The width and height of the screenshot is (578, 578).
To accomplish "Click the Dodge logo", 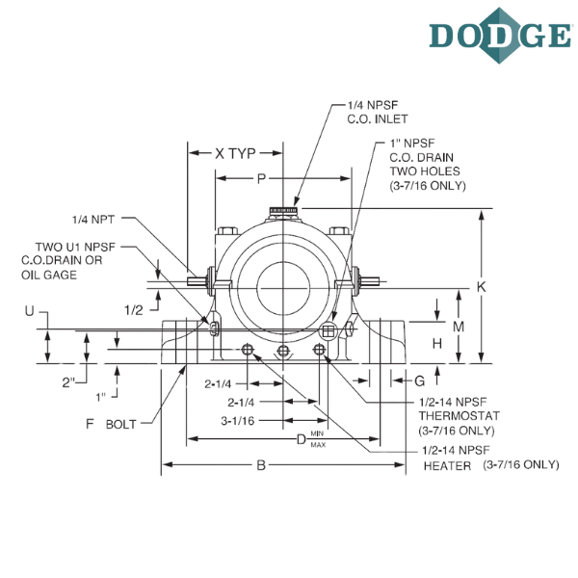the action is point(500,36).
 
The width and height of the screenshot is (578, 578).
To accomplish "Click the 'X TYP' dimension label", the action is point(235,153).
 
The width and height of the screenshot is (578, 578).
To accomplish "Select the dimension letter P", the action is point(261,179).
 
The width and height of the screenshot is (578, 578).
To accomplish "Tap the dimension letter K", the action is point(482,287).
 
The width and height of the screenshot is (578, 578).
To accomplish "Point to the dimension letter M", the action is point(459,327).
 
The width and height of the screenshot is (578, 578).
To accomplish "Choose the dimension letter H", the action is point(436,344).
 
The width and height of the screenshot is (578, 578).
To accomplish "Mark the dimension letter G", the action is point(420,381).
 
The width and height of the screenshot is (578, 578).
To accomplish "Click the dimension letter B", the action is point(261,465).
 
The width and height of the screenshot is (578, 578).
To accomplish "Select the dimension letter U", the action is point(29,311).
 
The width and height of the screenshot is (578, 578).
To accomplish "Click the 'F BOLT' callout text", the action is point(111,424).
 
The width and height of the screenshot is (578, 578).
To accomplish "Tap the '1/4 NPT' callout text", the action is point(93,220).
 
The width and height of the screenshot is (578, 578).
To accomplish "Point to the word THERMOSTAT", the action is point(459,416).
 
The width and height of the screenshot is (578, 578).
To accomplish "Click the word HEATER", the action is point(447,466).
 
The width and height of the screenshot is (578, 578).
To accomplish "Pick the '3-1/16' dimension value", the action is point(238,421).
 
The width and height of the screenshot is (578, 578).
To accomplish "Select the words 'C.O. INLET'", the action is point(378,119).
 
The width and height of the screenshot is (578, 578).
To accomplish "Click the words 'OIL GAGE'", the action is point(49,275).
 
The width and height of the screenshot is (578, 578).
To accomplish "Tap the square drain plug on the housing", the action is point(328,330).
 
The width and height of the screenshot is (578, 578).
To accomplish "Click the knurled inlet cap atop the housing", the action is point(283,211).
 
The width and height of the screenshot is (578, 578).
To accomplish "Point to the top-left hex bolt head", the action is point(227,231).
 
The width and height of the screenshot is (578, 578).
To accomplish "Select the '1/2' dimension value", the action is point(134,310).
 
